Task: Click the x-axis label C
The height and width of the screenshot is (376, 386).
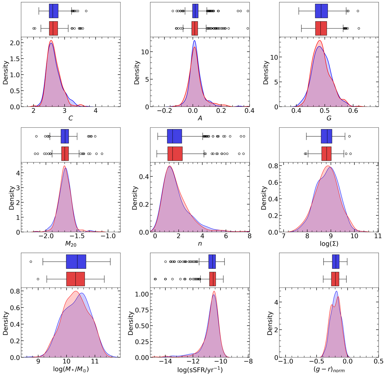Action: pyautogui.click(x=70, y=118)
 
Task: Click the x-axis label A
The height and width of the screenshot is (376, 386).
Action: pyautogui.click(x=200, y=118)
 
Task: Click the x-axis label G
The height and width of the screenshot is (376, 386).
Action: pyautogui.click(x=329, y=118)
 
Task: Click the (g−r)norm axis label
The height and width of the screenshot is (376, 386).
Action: pyautogui.click(x=329, y=370)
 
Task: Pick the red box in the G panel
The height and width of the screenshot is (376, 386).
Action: pyautogui.click(x=321, y=28)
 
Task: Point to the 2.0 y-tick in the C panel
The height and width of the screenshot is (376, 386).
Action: pyautogui.click(x=15, y=43)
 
